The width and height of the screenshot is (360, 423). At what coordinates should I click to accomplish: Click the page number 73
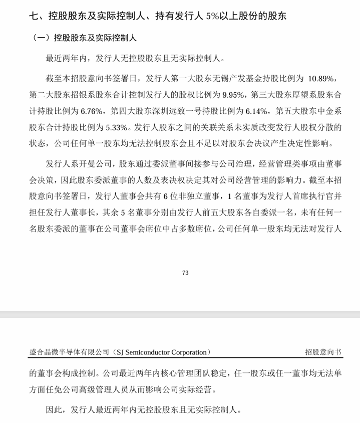[185, 273]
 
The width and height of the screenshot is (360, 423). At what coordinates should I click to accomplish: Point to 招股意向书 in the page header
[323, 352]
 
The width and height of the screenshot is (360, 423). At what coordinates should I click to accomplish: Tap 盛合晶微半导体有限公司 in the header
[69, 352]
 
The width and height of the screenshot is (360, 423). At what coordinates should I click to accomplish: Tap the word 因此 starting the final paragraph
[53, 409]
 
